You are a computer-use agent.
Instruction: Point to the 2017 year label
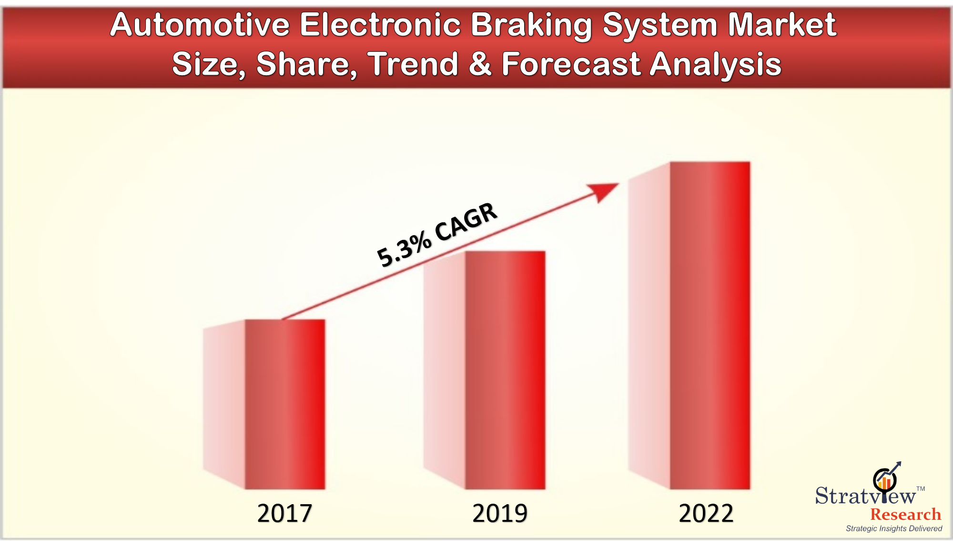click(284, 513)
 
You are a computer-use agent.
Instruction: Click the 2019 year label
click(500, 513)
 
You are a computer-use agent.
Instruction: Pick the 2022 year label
click(706, 513)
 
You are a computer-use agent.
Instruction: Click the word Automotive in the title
click(200, 25)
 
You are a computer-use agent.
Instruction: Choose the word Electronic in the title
click(380, 25)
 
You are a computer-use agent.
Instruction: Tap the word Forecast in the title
click(571, 64)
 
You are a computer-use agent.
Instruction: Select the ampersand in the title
click(480, 64)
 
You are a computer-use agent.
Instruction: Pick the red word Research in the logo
click(905, 514)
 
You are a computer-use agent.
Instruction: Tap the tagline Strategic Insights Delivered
click(894, 528)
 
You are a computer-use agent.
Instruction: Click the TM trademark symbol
click(921, 488)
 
